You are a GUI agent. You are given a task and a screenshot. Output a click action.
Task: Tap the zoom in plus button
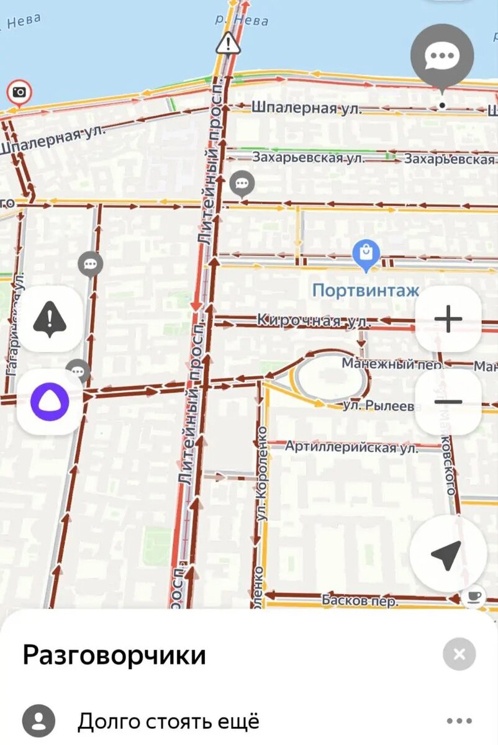click(x=448, y=319)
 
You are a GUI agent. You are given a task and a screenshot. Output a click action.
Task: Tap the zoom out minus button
click(x=448, y=402)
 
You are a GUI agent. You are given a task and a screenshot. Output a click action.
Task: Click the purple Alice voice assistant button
click(x=50, y=402)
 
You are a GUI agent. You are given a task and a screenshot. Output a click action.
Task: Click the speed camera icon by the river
click(x=19, y=93)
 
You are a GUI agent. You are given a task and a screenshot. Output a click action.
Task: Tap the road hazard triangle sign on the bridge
click(x=228, y=43)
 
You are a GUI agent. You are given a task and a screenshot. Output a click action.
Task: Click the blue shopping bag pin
click(x=366, y=254)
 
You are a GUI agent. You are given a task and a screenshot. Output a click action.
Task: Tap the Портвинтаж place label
click(x=366, y=290)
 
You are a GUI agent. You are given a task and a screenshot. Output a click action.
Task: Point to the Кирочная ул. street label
click(x=314, y=321)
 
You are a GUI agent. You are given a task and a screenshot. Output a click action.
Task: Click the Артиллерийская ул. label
click(x=351, y=446)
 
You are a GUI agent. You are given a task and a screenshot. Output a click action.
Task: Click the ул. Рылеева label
click(x=379, y=406)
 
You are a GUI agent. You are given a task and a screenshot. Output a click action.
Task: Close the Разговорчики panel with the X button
click(x=460, y=654)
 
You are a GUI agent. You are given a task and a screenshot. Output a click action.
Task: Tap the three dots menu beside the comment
click(x=459, y=721)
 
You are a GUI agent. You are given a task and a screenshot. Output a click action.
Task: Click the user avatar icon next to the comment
click(x=38, y=721)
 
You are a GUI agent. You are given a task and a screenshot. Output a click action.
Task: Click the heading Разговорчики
click(x=114, y=655)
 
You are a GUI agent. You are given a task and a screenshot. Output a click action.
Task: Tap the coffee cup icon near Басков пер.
click(x=474, y=596)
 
